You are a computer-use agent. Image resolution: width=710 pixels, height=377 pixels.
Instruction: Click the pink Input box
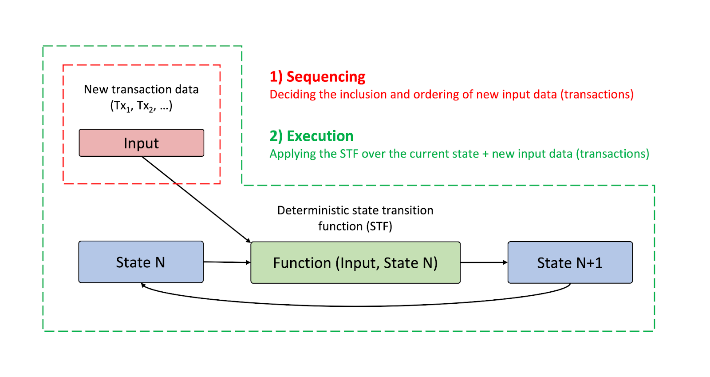coord(142,143)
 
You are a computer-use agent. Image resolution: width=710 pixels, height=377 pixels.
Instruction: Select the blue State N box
coord(141,262)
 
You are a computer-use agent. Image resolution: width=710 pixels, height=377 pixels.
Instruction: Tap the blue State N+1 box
coord(570,262)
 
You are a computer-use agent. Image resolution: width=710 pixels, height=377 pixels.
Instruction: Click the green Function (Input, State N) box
coord(355,262)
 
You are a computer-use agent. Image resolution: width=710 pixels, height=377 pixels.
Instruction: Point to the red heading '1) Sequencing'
coord(317,77)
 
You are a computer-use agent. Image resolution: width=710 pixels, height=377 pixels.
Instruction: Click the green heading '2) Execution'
coord(311,136)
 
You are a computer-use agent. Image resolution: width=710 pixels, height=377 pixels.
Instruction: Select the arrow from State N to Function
coord(227,262)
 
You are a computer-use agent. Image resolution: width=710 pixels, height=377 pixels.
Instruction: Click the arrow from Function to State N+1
coord(484,262)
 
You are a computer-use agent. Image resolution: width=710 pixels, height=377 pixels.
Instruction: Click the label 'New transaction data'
coord(142,89)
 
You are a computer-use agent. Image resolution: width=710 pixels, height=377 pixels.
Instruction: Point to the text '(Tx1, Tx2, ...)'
coord(142,106)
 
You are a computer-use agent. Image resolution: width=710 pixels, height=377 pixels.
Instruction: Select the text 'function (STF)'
coord(355,226)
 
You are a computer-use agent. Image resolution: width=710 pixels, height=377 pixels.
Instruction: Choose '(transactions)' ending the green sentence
coord(613,154)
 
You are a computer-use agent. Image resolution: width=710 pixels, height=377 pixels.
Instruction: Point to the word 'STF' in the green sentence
coord(349,154)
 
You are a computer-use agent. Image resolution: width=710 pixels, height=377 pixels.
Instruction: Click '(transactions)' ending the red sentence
coord(597,95)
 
